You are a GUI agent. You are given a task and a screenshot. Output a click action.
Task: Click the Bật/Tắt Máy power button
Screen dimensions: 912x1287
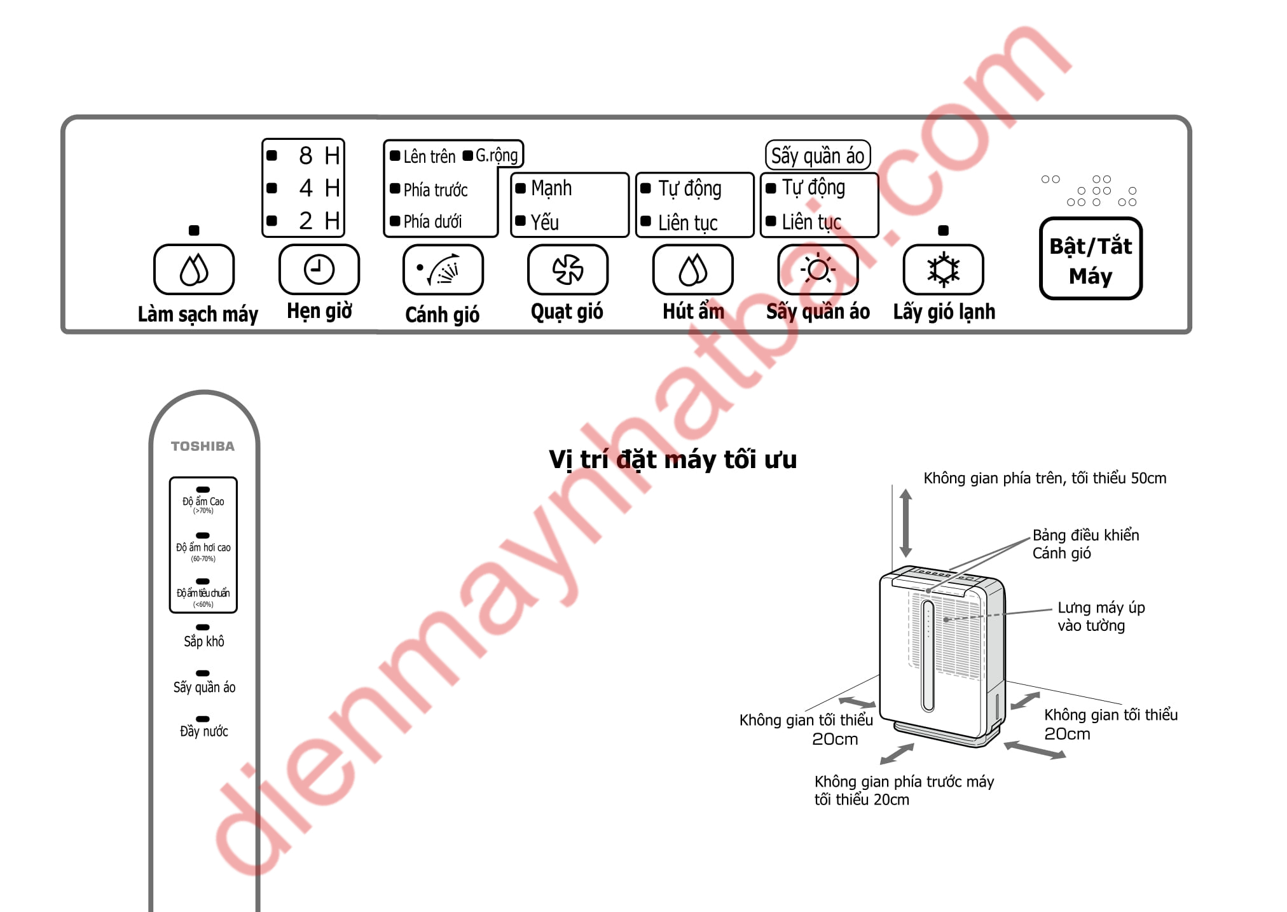coord(1091,259)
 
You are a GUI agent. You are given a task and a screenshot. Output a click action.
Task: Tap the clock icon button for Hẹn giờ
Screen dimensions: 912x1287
coord(319,270)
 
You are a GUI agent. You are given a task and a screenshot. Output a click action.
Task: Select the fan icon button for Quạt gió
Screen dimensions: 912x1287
coord(567,270)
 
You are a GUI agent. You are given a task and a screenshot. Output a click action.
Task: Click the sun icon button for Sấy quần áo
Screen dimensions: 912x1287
coord(818,270)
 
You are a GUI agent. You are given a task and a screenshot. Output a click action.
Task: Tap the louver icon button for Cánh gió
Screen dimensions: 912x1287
coord(443,270)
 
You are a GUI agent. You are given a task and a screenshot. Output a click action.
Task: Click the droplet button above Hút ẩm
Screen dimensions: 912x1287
coord(692,270)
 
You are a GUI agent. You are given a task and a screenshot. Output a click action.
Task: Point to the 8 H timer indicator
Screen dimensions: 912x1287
coord(319,156)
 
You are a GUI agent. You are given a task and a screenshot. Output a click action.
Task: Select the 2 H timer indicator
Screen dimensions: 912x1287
coord(319,221)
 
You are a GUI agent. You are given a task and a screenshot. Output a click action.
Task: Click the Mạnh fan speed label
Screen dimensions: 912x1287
coord(551,188)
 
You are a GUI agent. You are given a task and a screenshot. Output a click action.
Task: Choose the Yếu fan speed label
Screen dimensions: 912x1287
coord(544,222)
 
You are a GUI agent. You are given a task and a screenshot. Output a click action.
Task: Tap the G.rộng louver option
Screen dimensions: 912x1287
coord(496,155)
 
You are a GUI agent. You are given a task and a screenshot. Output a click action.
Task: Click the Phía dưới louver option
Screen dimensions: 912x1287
coord(432,221)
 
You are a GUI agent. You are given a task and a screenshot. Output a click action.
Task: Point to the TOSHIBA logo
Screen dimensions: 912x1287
coord(203,446)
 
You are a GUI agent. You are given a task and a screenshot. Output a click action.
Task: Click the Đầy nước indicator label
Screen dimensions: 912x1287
coord(203,731)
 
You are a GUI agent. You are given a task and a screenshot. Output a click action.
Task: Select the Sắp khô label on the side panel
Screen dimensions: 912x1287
coord(203,641)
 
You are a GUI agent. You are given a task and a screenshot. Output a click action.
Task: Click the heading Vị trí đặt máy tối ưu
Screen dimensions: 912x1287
coord(672,459)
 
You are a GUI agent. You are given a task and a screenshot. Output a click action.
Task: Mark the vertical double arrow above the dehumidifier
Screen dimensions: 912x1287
coord(906,523)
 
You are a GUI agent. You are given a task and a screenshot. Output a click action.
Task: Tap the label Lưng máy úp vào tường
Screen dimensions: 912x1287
coord(1101,616)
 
